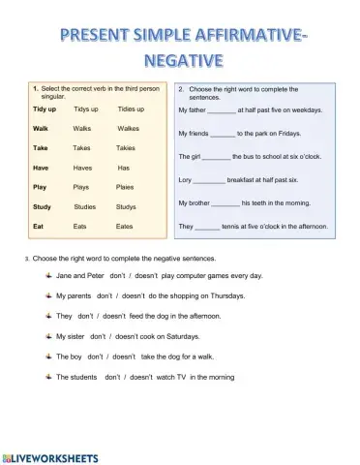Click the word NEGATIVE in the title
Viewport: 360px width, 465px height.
tap(180, 61)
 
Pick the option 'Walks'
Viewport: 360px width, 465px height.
tap(82, 128)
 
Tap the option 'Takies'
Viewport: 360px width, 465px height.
tap(126, 148)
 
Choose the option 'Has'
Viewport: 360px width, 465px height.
tap(124, 167)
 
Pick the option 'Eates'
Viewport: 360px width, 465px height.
tap(124, 226)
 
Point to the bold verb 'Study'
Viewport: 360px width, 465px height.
tap(42, 206)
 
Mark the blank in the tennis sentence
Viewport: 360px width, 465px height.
tap(207, 227)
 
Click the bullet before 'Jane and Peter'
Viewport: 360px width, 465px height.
tap(47, 275)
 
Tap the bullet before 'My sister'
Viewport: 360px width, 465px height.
tap(47, 336)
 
